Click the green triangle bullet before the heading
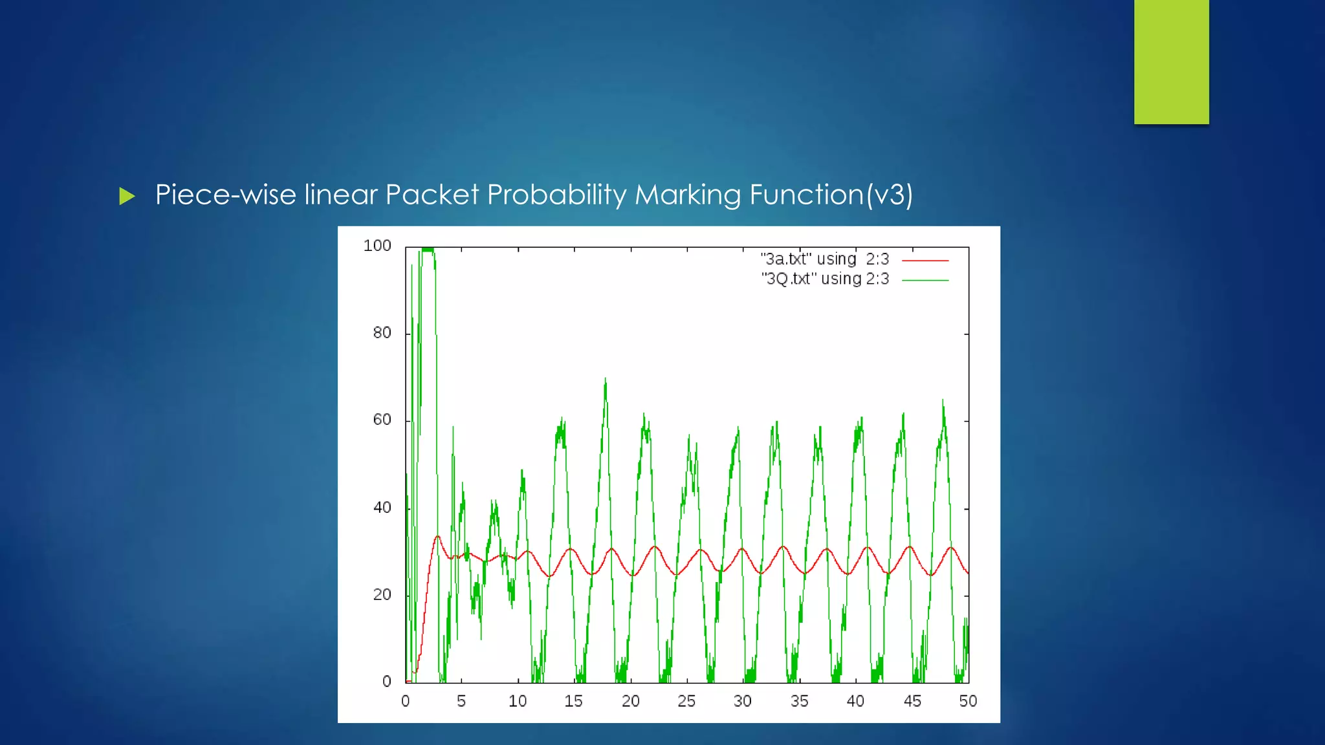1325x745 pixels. pyautogui.click(x=127, y=196)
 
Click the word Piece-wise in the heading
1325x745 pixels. pyautogui.click(x=226, y=195)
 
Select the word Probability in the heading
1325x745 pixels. pyautogui.click(x=556, y=195)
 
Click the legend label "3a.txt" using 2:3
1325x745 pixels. pyautogui.click(x=825, y=259)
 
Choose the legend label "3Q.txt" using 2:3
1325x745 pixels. pyautogui.click(x=825, y=279)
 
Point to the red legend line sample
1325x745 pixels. pyautogui.click(x=925, y=261)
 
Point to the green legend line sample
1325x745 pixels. pyautogui.click(x=925, y=281)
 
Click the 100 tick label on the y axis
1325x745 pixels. pyautogui.click(x=377, y=246)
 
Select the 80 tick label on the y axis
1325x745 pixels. pyautogui.click(x=382, y=333)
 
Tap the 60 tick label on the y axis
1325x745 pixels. pyautogui.click(x=382, y=420)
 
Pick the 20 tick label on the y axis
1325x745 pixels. pyautogui.click(x=382, y=594)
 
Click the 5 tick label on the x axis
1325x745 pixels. pyautogui.click(x=461, y=701)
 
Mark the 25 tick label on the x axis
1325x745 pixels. pyautogui.click(x=686, y=701)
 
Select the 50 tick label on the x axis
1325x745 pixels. pyautogui.click(x=968, y=701)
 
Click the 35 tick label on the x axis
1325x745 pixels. pyautogui.click(x=799, y=701)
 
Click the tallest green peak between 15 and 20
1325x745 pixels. pyautogui.click(x=606, y=380)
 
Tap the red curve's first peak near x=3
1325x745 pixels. pyautogui.click(x=437, y=536)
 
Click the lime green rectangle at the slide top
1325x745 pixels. pyautogui.click(x=1171, y=61)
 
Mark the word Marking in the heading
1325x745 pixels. pyautogui.click(x=688, y=195)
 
